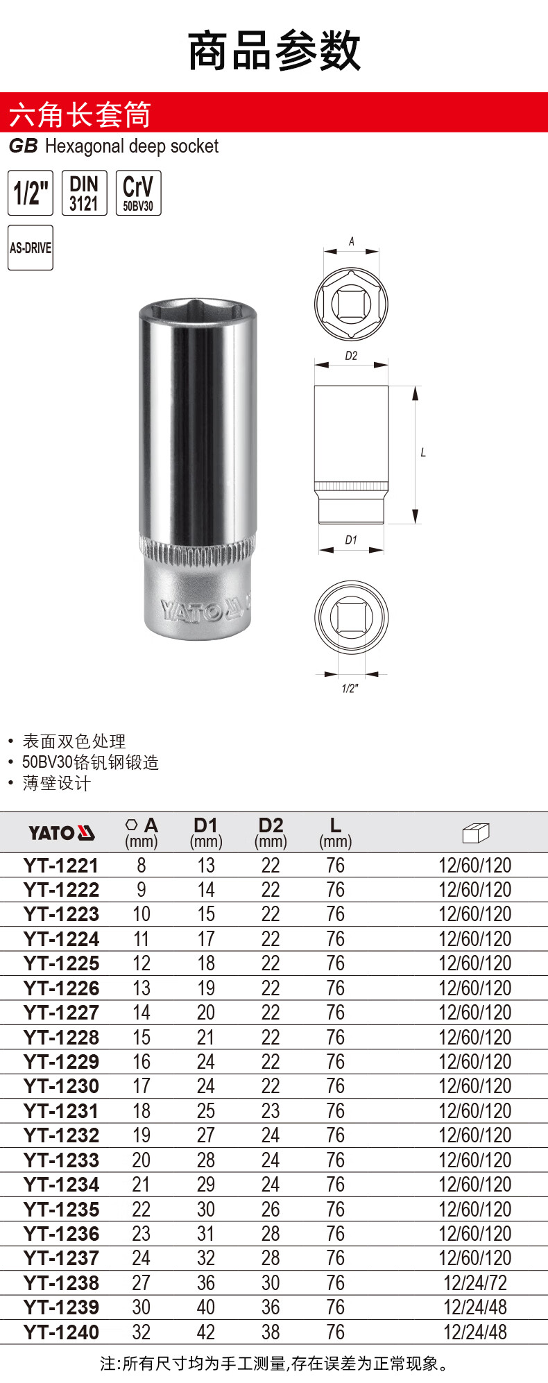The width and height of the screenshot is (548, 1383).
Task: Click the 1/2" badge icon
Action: click(31, 192)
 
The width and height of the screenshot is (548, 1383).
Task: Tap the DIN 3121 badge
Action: click(85, 192)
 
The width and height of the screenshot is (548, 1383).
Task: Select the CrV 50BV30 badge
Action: click(138, 192)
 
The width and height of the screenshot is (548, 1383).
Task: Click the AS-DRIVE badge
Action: click(31, 248)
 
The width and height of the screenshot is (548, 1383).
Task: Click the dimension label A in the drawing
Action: click(352, 241)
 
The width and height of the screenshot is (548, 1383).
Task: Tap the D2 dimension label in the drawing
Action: click(351, 356)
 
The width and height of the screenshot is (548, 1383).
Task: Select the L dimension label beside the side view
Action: click(423, 453)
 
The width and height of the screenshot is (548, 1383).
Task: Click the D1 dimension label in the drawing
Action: click(351, 540)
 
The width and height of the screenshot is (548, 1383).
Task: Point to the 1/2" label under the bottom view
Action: click(350, 688)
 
